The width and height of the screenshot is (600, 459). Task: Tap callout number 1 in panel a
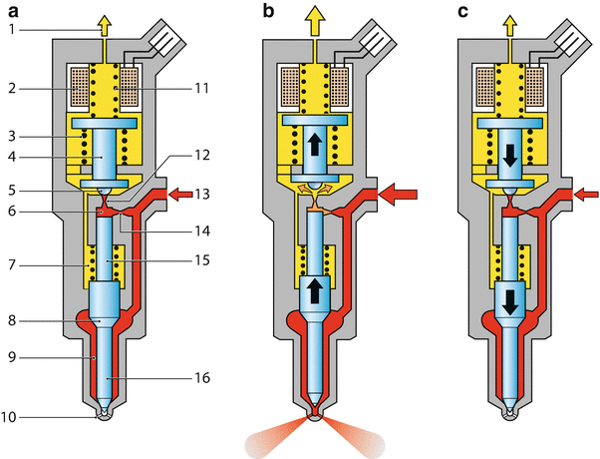coord(12,31)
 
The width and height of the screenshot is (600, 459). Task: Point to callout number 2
coord(12,88)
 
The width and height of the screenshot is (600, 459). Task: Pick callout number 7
coord(12,267)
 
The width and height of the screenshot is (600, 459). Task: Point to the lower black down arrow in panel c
coord(509,300)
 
